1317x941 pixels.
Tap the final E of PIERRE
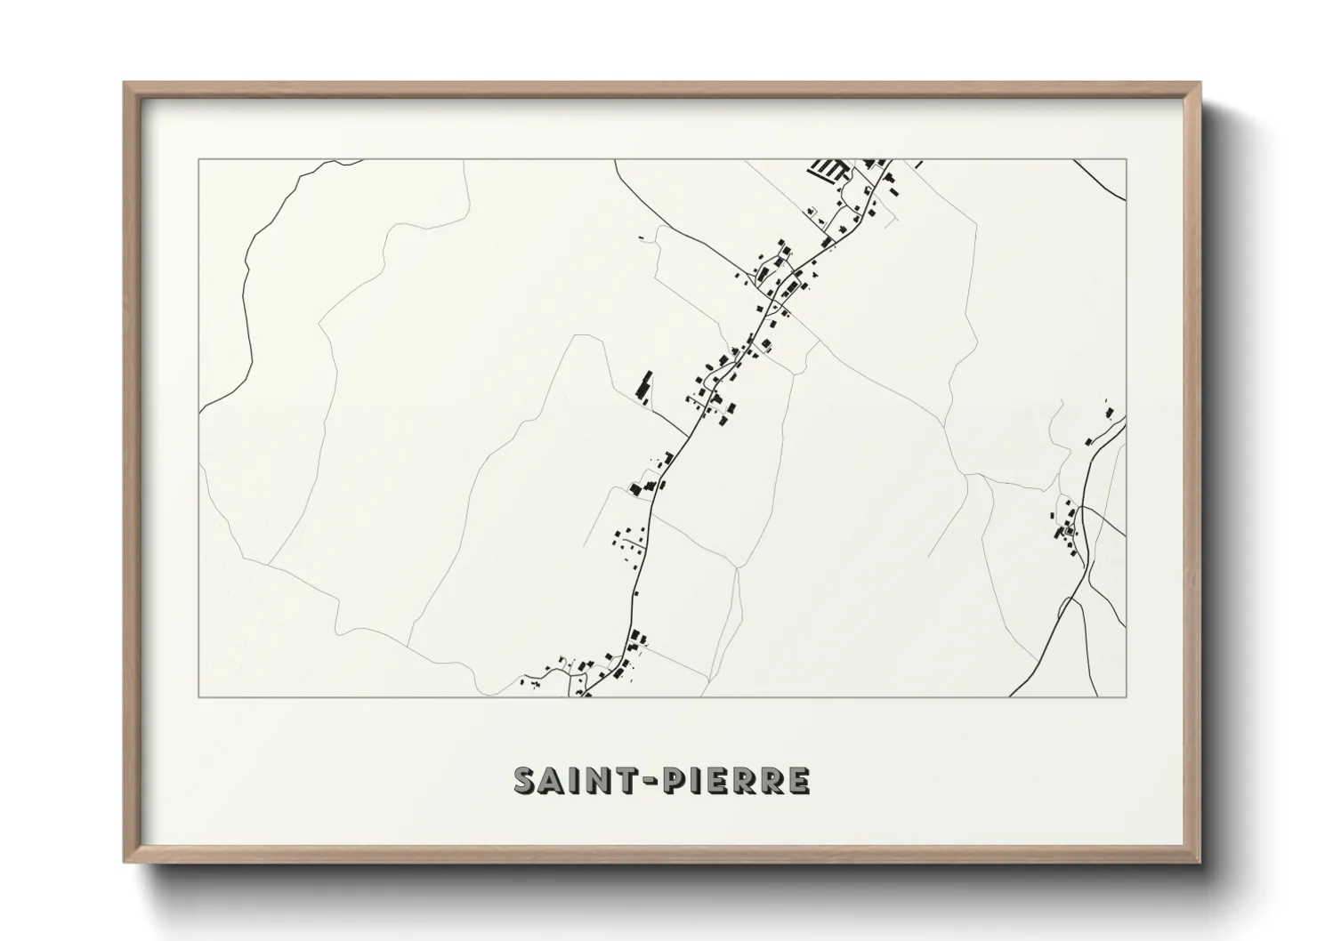coord(798,780)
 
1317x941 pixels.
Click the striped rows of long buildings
coord(828,169)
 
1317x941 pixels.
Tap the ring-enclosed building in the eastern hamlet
coord(1069,533)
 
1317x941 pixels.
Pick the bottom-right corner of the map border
coord(1127,696)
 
